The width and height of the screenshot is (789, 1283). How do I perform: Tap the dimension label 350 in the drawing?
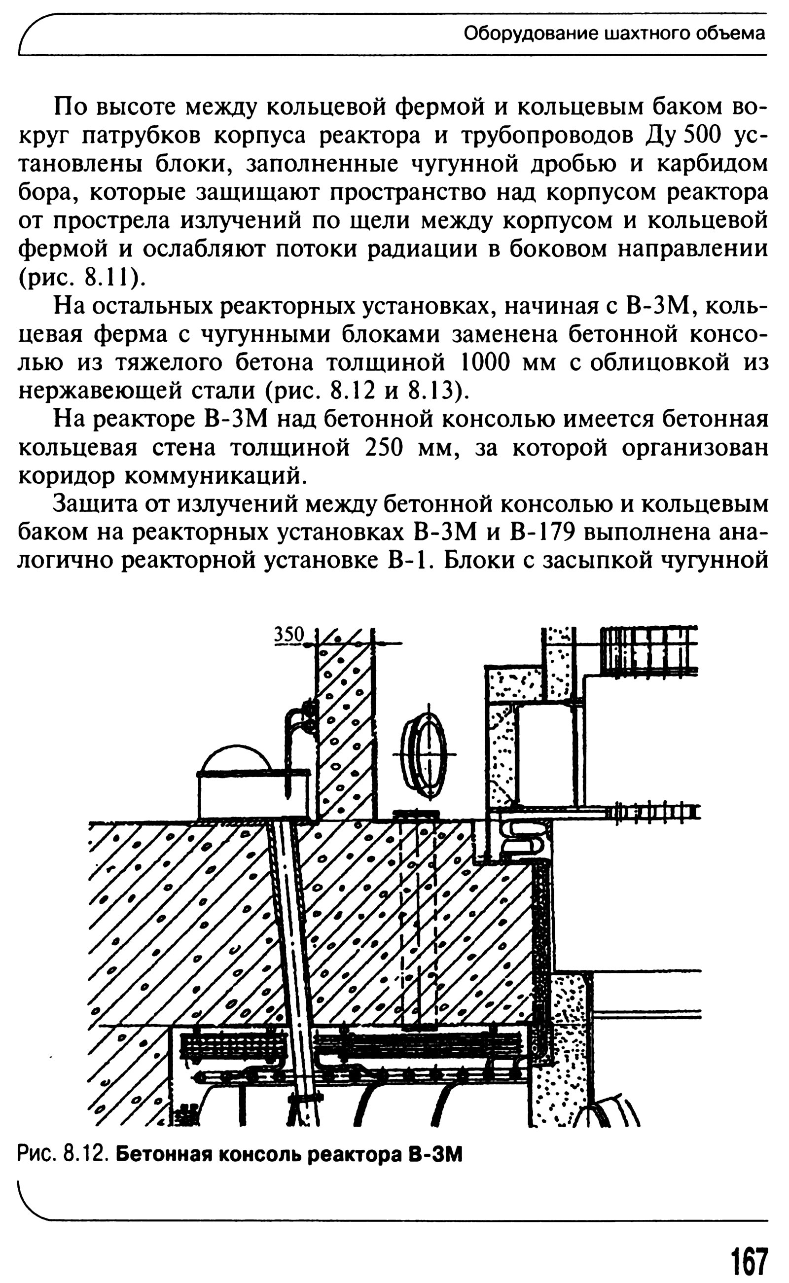[x=289, y=634]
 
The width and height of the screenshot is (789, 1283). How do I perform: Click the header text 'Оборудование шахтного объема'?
[x=614, y=34]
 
